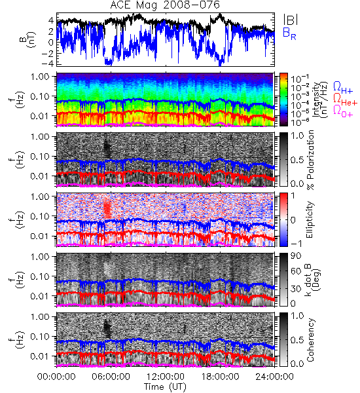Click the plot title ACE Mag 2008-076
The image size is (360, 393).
click(x=165, y=5)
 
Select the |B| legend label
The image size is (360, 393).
click(x=291, y=20)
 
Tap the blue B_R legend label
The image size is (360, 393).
click(x=289, y=34)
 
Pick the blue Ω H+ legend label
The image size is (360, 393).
click(x=343, y=88)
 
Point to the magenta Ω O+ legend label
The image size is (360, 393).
click(x=343, y=111)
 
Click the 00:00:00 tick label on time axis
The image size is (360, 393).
click(x=56, y=377)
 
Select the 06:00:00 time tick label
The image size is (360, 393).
click(x=111, y=377)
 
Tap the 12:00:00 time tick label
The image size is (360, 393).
click(x=166, y=377)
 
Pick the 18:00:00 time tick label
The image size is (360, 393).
click(x=220, y=377)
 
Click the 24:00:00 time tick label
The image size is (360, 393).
click(x=274, y=377)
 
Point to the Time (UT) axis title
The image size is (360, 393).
click(x=165, y=387)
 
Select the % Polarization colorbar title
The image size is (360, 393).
click(x=311, y=160)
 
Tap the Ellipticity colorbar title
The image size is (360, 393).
click(x=310, y=219)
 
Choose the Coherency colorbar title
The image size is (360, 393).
click(x=310, y=340)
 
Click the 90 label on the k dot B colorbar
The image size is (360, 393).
click(x=296, y=255)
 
